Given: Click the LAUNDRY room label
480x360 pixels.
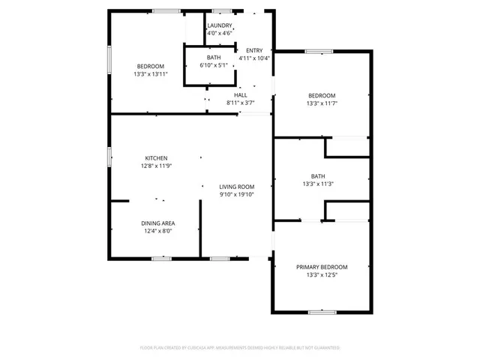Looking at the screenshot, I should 219,25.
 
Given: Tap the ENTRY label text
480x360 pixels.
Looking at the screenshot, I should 254,50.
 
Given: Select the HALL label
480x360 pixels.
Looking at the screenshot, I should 241,95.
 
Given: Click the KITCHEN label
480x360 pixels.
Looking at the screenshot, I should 156,157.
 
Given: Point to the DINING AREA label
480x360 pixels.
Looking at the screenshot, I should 158,223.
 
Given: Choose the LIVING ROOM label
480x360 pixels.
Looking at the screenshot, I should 237,187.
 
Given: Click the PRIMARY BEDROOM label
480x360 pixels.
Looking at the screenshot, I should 322,268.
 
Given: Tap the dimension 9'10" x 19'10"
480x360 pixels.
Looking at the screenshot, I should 237,194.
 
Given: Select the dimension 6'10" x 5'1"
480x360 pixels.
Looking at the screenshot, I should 214,65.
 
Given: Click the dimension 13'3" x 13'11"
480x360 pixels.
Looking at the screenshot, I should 150,73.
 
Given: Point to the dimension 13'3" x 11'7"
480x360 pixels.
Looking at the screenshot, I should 322,103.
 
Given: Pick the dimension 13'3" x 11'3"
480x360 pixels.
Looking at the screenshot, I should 318,184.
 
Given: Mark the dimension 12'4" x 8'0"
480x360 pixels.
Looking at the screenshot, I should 158,231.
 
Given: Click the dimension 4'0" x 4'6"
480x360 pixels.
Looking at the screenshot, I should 219,33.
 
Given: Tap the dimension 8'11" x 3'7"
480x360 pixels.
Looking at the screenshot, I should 241,103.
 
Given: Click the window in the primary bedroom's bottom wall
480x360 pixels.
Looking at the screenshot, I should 322,311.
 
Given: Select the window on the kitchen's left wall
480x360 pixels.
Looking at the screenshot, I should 110,156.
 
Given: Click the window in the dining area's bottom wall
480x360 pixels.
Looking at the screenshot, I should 162,259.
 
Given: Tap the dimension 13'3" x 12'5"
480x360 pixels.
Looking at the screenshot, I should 322,275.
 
